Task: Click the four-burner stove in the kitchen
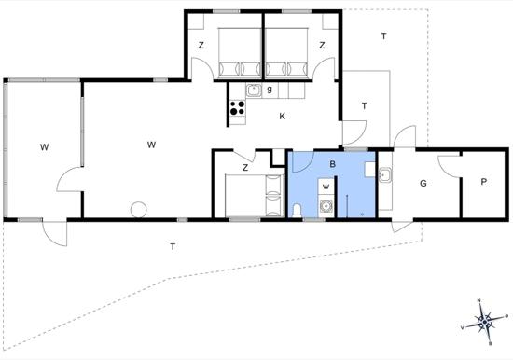coord(238,108)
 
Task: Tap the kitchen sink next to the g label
coord(254,90)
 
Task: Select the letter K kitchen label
coord(282,117)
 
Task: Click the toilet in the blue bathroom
coord(297,210)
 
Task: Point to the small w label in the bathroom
coord(326,187)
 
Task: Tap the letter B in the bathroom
coord(332,164)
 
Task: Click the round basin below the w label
coord(326,206)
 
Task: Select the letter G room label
coord(423,184)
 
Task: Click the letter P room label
coord(483,182)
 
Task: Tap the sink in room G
coord(384,174)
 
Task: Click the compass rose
coord(484,323)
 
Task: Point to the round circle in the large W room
coord(139,210)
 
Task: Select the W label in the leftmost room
coord(45,147)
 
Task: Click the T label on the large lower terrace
coord(173,247)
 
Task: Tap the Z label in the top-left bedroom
coord(201,46)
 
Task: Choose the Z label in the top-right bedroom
coord(323,46)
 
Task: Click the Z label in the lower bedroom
coord(245,168)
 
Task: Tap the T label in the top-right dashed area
coord(383,36)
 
